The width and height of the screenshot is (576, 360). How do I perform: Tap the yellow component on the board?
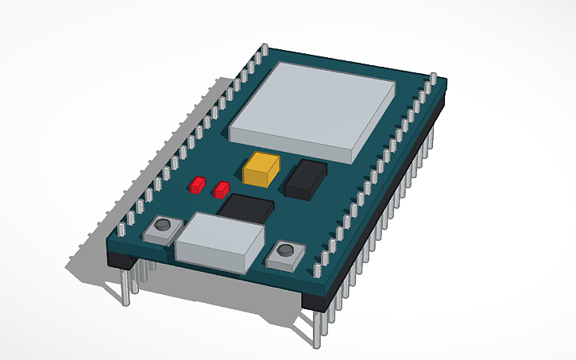(262, 169)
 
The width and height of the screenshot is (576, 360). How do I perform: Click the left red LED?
(195, 185)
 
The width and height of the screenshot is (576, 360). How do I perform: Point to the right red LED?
(221, 189)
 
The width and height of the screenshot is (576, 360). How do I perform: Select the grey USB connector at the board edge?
(219, 242)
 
